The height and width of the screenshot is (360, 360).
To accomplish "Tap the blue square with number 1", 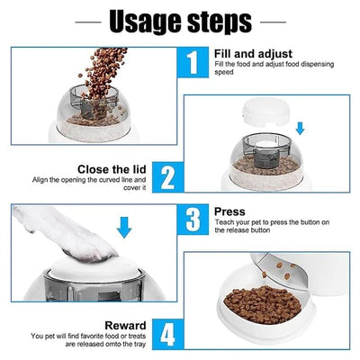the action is [193, 62].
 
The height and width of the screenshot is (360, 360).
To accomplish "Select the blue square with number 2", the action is [168, 177].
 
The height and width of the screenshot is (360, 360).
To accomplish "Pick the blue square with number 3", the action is [193, 220].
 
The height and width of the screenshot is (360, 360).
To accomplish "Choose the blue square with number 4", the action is [168, 334].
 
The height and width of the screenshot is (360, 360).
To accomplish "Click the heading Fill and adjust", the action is [253, 54].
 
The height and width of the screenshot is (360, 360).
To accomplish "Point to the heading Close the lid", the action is [112, 169].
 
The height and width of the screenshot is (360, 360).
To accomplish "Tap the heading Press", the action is [229, 211].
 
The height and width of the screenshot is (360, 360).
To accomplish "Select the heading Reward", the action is [125, 326].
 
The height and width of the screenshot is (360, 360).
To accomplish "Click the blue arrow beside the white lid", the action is [300, 128].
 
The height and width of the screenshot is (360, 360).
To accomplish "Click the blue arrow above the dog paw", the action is [124, 227].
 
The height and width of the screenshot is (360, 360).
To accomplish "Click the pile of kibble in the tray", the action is [263, 304].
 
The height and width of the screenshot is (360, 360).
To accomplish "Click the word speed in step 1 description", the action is [224, 72].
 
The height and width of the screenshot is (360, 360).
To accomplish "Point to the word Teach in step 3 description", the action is [223, 222].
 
